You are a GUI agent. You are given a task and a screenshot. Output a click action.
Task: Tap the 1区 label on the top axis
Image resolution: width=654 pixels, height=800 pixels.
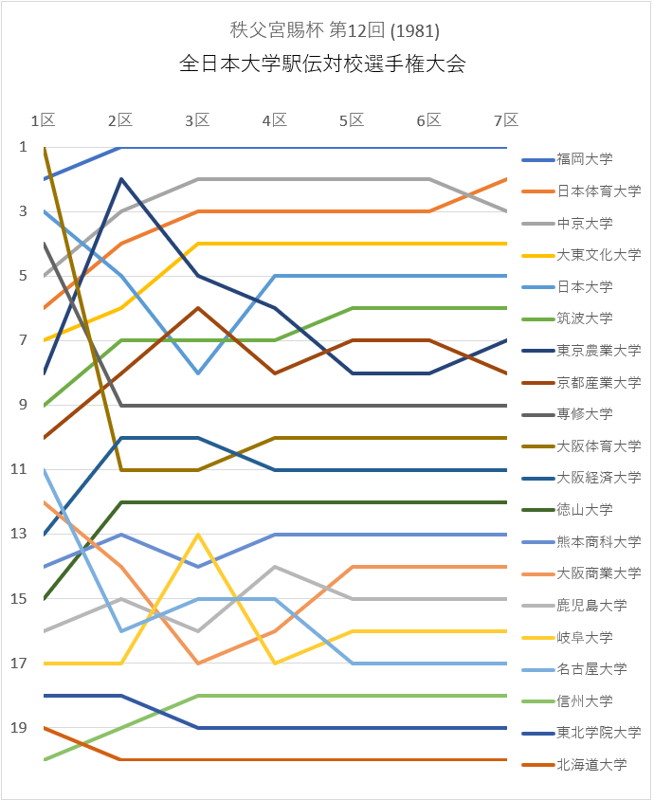(x=43, y=120)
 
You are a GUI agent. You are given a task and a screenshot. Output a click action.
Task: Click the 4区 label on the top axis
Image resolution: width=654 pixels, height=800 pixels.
(x=275, y=120)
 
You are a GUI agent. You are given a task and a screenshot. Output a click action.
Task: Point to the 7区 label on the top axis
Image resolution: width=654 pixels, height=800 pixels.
(x=507, y=120)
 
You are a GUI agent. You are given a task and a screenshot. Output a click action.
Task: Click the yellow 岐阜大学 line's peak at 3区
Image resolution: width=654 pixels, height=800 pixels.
(x=197, y=535)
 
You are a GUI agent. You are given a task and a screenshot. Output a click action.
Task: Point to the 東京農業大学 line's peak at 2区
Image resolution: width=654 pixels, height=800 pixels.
(x=120, y=178)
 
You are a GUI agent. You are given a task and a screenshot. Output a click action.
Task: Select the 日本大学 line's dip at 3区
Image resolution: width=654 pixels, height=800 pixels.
(x=197, y=373)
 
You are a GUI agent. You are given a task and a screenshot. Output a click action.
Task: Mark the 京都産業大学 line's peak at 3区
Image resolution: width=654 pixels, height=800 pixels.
(x=197, y=308)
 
